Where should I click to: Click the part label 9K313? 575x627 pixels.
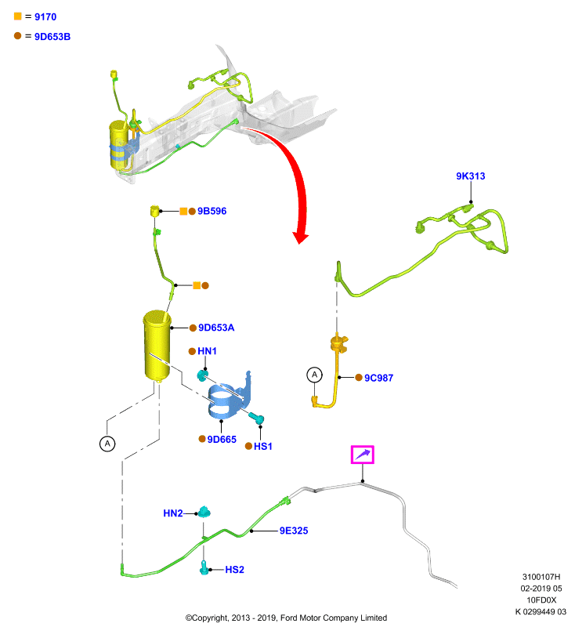point(470,176)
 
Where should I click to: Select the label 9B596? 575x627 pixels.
point(212,211)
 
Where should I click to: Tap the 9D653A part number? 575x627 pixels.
point(216,328)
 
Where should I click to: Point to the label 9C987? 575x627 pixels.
point(378,378)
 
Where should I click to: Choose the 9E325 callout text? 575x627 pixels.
point(294,531)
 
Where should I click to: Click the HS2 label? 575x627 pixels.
point(234,570)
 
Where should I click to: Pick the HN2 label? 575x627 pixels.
point(172,513)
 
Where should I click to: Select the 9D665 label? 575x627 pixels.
point(222,440)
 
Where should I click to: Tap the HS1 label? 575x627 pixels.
point(263,446)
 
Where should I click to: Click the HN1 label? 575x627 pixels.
point(207,351)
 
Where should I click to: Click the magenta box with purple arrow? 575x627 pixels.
point(363,455)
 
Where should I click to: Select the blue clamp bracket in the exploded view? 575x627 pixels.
point(230,397)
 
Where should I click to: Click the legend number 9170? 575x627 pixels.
point(45,16)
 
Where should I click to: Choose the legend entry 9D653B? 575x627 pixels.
point(52,37)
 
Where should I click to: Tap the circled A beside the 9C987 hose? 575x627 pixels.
point(314,375)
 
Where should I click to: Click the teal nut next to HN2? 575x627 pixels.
point(204,512)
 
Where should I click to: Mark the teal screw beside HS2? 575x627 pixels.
point(204,567)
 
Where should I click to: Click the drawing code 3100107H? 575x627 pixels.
point(541,577)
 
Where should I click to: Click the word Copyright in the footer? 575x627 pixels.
point(210,618)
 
